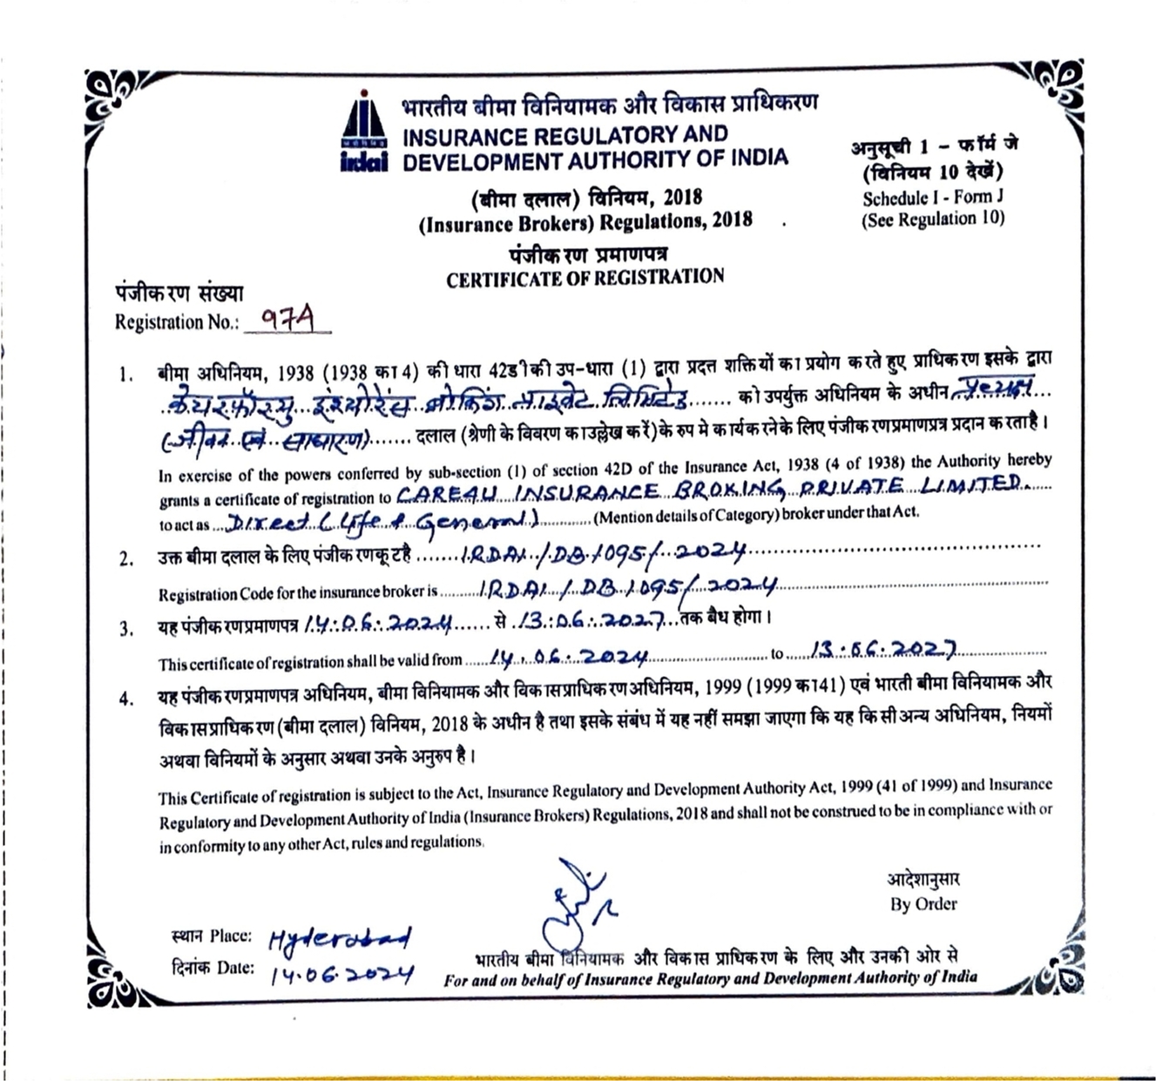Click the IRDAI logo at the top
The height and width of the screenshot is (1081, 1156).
(364, 131)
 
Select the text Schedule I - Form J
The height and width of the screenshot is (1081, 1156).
(933, 198)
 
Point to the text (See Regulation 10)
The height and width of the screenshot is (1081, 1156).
(933, 220)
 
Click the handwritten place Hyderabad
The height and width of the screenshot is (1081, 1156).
(339, 939)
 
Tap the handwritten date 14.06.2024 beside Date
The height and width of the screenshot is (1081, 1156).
(342, 973)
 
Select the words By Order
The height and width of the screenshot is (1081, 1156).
(923, 904)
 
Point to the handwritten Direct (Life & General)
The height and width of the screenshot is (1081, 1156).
(380, 521)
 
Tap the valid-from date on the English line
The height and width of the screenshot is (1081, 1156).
(568, 657)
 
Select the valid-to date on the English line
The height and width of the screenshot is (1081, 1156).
(882, 650)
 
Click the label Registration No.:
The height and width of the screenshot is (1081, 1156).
(176, 322)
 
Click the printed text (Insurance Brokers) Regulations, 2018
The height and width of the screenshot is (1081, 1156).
(585, 222)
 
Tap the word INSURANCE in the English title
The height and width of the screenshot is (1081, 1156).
(464, 137)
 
